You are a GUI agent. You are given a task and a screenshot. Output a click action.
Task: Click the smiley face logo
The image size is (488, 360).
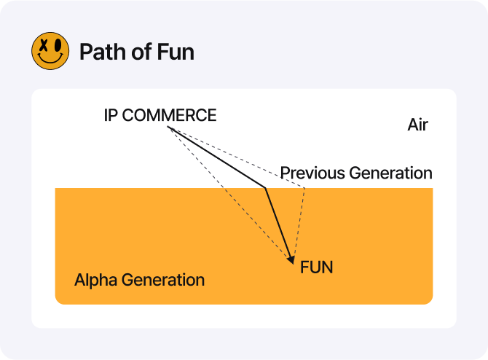click(50, 51)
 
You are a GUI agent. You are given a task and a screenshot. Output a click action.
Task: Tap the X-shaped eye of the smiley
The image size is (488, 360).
click(44, 46)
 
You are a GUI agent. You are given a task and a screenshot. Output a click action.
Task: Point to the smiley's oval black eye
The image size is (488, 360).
click(58, 45)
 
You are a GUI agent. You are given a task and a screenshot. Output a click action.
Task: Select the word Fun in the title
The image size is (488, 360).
click(176, 52)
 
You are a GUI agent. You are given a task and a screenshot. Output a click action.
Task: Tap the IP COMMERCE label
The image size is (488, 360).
click(160, 115)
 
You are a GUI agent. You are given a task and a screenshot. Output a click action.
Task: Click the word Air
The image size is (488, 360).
click(417, 125)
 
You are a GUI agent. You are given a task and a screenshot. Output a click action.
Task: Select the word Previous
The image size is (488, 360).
click(312, 173)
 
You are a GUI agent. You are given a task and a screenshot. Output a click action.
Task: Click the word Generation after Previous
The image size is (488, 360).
click(391, 173)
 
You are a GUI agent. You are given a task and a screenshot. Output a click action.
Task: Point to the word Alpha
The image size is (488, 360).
click(95, 280)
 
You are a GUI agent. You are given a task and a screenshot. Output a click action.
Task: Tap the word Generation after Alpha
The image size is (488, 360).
click(163, 280)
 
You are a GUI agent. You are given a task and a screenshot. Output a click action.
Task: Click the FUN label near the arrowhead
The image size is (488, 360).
click(317, 267)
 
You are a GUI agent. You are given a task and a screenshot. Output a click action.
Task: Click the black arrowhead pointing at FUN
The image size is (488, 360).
click(291, 259)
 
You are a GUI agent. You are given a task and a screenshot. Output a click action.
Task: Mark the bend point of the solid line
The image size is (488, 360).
click(265, 188)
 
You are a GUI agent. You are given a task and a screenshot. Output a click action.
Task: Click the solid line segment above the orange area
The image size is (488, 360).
click(216, 157)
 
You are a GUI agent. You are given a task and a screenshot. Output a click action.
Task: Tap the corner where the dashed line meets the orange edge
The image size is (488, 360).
click(304, 188)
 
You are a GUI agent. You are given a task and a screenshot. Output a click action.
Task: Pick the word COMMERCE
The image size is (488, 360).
click(169, 115)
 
